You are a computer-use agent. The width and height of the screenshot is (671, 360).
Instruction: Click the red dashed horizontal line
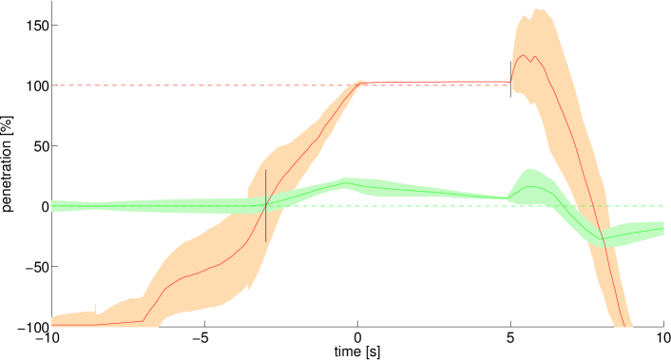pos(190,85)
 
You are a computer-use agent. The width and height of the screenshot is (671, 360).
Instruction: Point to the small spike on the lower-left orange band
pos(95,306)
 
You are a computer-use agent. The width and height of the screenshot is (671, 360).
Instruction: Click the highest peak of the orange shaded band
pos(537,9)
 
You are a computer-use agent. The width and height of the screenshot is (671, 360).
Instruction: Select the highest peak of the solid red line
pos(524,55)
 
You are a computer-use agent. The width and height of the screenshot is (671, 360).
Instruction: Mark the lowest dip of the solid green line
pos(602,237)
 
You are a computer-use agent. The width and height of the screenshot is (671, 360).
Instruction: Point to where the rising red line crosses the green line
pos(269,204)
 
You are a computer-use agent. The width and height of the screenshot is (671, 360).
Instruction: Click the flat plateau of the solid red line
pos(437,82)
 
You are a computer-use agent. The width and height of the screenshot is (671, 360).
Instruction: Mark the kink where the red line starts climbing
pos(144,321)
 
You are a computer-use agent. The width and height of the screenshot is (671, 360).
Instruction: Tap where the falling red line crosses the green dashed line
pos(585,206)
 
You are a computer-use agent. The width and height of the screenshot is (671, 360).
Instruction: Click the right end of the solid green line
pos(662,229)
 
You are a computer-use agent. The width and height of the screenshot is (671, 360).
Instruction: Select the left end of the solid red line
pos(52,325)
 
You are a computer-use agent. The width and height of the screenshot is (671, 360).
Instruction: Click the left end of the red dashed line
pos(52,85)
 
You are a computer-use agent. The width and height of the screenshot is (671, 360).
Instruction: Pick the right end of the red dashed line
pos(509,85)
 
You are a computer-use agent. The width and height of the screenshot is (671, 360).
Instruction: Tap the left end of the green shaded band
pos(52,206)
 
